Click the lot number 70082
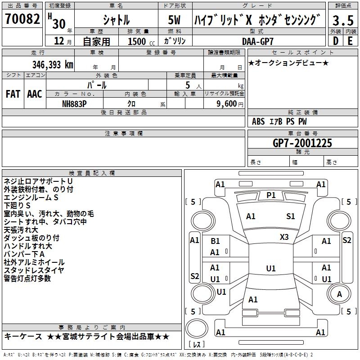22,19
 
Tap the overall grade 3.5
343,20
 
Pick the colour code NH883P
75,103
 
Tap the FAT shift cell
13,94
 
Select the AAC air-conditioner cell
35,94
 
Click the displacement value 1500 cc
139,41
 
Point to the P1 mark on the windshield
271,195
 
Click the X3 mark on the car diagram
284,237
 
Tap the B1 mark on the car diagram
215,241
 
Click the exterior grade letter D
335,41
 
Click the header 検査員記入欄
92,173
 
